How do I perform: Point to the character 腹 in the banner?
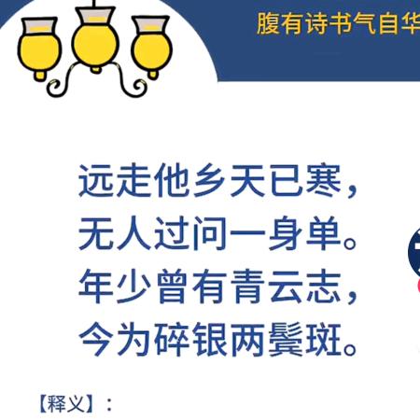269,23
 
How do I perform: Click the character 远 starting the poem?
96,183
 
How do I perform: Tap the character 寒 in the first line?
313,183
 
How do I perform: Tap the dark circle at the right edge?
413,247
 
